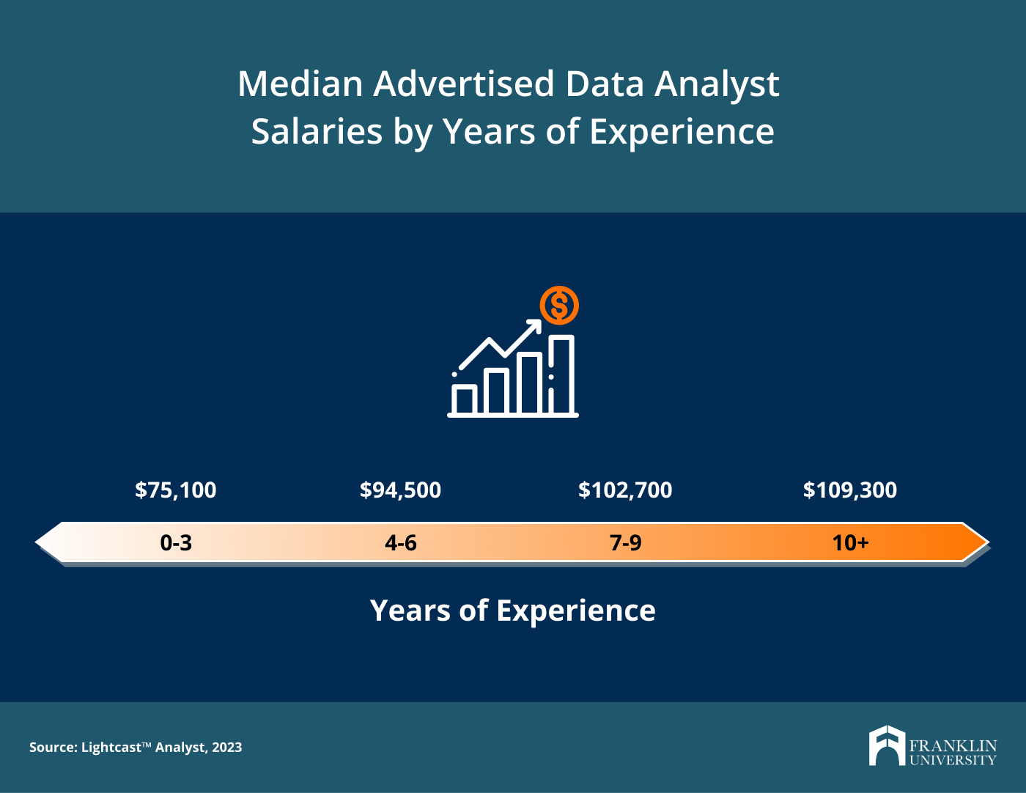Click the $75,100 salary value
click(176, 490)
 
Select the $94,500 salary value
click(400, 490)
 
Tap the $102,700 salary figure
click(625, 490)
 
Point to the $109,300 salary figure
click(849, 490)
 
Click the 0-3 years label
click(176, 542)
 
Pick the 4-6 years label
click(401, 542)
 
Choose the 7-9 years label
click(625, 542)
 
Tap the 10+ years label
click(850, 542)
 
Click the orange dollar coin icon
click(559, 305)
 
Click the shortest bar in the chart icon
click(464, 399)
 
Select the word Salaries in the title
click(317, 132)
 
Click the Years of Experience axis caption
click(513, 611)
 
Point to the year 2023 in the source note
click(227, 748)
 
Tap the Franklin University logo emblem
click(887, 746)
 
